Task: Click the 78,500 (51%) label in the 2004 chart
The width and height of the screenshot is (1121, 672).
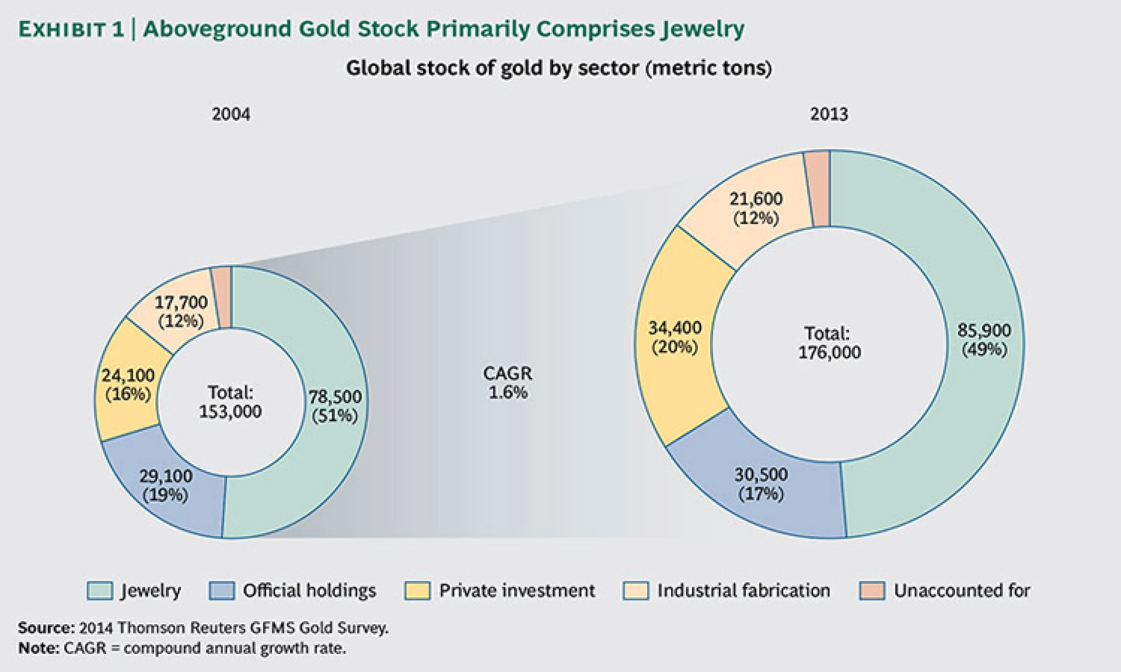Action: pos(335,406)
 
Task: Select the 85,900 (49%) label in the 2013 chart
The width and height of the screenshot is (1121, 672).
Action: pos(984,339)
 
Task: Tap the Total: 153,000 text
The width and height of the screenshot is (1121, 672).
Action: pos(231,402)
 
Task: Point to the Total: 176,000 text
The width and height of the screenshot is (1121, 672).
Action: pos(829,343)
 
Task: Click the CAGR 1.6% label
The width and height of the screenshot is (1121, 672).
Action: pos(508,383)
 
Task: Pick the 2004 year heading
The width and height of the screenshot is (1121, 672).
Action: pos(231,114)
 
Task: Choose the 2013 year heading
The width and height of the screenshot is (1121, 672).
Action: pos(829,114)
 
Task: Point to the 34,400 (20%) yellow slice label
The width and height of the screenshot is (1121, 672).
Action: pos(675,337)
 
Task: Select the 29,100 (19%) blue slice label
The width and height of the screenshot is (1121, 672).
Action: pos(165,485)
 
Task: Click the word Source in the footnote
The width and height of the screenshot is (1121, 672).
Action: pos(44,628)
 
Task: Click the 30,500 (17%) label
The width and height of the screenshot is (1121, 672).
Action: pos(761,484)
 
